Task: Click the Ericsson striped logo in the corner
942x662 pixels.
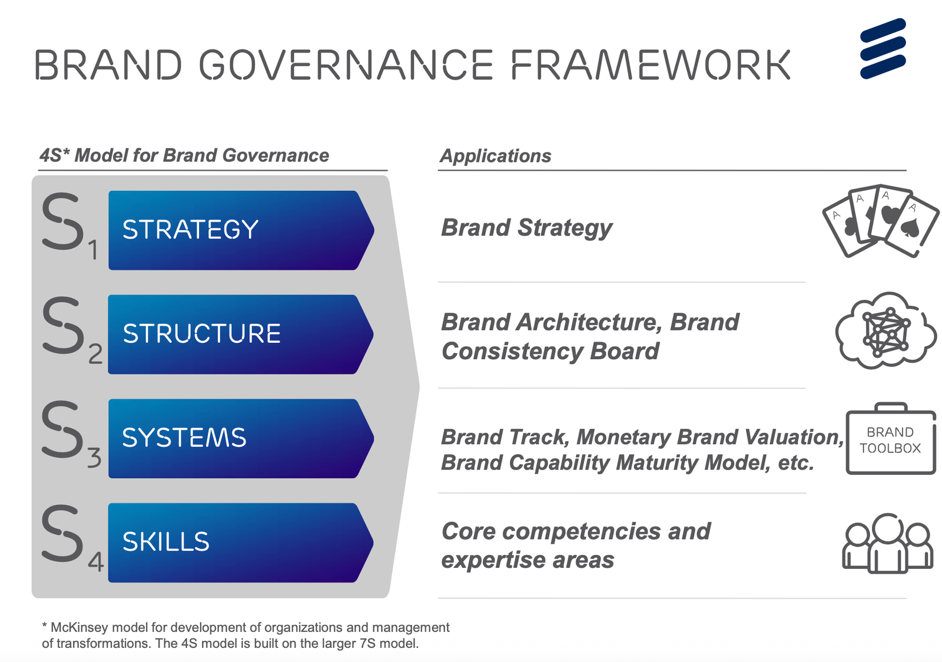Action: (883, 48)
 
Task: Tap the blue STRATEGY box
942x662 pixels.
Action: (241, 230)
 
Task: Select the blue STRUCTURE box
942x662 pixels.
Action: (241, 335)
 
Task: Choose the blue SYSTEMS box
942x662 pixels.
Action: (241, 438)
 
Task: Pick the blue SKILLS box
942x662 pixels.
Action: (241, 542)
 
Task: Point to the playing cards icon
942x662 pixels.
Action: (881, 221)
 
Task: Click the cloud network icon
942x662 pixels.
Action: (885, 330)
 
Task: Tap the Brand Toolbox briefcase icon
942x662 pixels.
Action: (891, 438)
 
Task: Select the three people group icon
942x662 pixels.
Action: (888, 544)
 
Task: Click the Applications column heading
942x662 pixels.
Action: (495, 156)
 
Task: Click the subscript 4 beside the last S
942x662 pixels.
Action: (95, 562)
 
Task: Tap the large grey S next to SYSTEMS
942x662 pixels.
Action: (62, 429)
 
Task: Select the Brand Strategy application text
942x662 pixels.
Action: (526, 229)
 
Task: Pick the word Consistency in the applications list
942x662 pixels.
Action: (512, 351)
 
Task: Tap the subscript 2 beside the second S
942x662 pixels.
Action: (95, 354)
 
